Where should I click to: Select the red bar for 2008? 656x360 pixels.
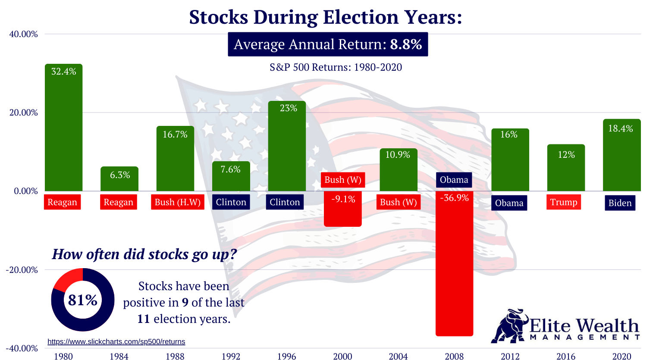coord(454,267)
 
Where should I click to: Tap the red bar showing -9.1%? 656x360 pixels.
coord(343,214)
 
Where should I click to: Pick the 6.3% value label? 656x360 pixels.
coord(119,175)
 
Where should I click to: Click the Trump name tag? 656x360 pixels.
coord(563,202)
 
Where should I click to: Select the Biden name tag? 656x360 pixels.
coord(619,203)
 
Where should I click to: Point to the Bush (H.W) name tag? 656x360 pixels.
coord(178,202)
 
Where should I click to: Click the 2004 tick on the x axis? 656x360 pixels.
coord(398,356)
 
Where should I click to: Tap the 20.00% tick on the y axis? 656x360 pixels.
coord(24,113)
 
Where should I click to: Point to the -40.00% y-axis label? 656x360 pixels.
coord(22,348)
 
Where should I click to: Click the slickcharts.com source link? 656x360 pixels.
coord(116,341)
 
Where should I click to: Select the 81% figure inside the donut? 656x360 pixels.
coord(83,300)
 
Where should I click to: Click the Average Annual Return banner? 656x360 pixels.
coord(328,44)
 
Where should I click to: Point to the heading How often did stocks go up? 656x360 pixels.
coord(144,254)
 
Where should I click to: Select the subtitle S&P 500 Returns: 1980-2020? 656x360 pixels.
coord(336,67)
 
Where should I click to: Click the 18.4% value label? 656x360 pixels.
coord(620,128)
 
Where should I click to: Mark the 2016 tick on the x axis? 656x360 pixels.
coord(565,356)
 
